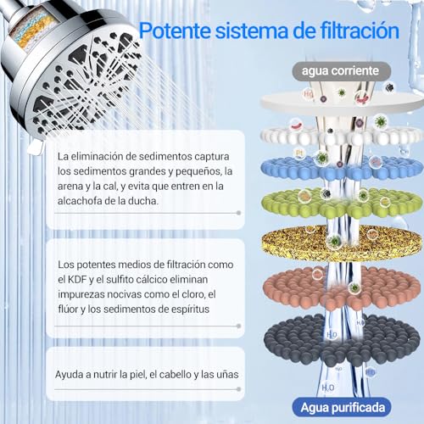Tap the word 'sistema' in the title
tap(254, 32)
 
